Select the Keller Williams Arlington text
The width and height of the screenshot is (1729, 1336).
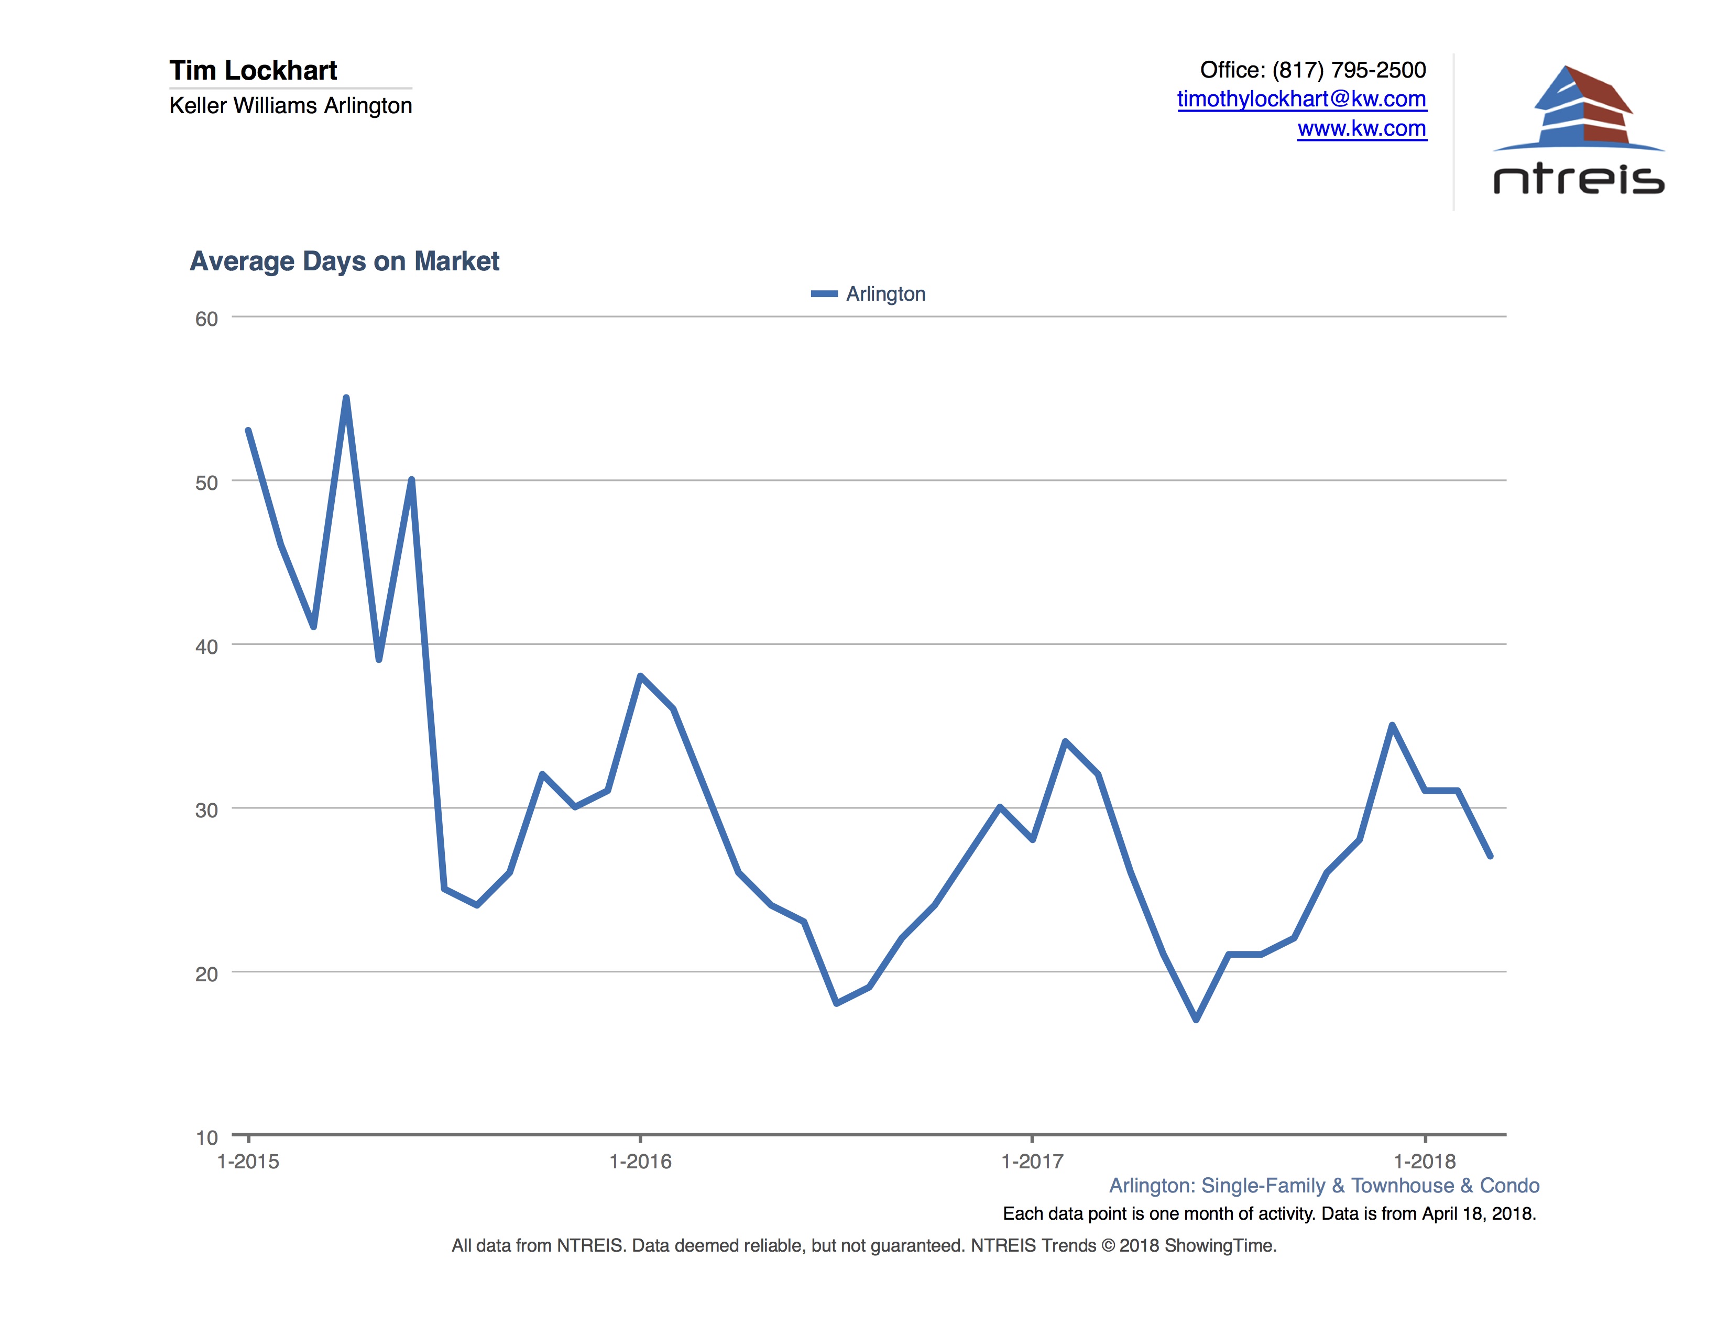(291, 106)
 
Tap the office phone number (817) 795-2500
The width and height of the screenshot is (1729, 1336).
(1348, 70)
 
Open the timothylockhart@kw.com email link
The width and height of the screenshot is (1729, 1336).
(1301, 100)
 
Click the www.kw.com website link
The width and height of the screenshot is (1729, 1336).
(1362, 128)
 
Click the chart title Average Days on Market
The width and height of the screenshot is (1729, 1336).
(344, 261)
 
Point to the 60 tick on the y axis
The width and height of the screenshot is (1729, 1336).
(206, 319)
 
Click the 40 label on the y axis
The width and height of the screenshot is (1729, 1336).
(206, 647)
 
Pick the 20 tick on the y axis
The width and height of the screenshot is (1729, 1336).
(206, 973)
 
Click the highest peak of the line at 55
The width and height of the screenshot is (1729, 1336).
(346, 398)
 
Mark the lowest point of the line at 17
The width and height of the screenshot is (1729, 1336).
(1196, 1020)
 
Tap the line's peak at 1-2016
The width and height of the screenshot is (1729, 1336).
(640, 676)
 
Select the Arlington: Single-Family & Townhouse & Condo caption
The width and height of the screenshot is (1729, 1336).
(1323, 1186)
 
